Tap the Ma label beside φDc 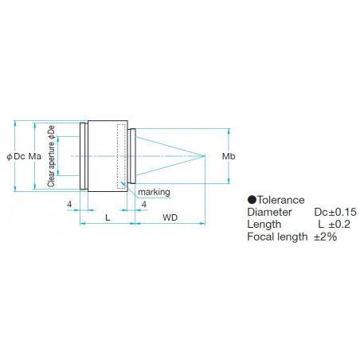pos(35,156)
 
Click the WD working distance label pos(170,217)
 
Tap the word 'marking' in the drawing pos(153,193)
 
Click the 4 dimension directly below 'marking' pos(143,205)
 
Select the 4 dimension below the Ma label pos(70,205)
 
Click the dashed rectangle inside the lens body pos(122,155)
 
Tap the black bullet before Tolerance pos(252,201)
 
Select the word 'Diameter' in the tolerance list pos(269,213)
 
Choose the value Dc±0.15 pos(334,213)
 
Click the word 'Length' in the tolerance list pos(264,225)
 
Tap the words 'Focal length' pos(276,237)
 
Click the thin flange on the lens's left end pos(83,156)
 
